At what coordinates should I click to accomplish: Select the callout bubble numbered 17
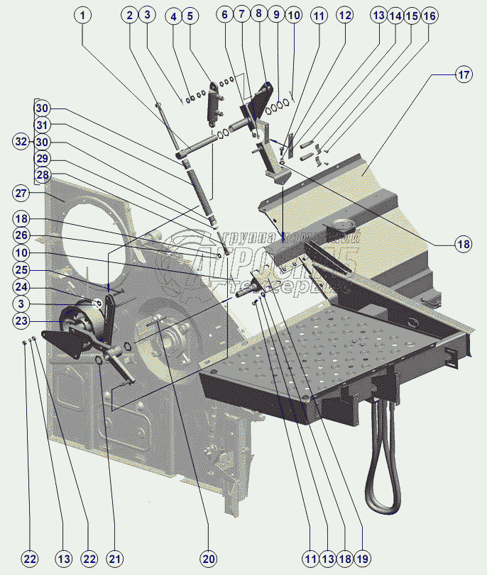(x=463, y=74)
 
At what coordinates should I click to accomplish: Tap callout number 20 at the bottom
(x=208, y=559)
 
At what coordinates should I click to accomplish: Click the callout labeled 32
(x=22, y=142)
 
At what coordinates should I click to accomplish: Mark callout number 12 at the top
(x=344, y=15)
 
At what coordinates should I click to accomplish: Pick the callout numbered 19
(x=362, y=559)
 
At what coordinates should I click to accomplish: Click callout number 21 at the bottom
(x=114, y=559)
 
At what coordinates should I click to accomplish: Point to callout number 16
(x=429, y=15)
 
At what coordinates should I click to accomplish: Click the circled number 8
(x=258, y=15)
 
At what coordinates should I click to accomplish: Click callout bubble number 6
(x=225, y=15)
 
